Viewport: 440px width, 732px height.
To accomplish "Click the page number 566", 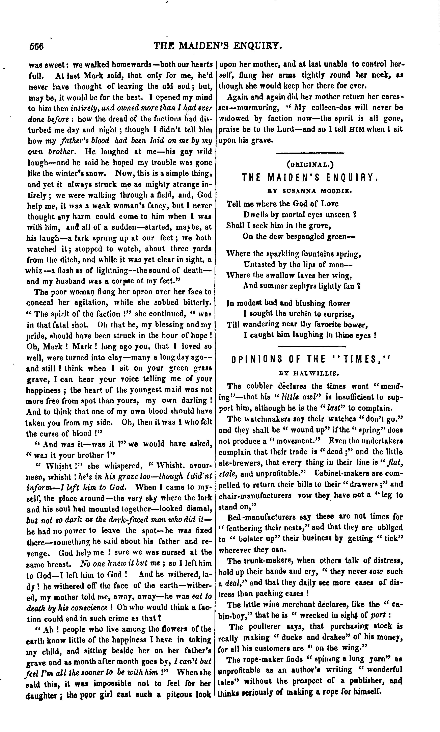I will (x=36, y=47).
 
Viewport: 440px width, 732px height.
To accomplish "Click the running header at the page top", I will (x=218, y=46).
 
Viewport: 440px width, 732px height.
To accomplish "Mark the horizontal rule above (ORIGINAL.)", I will (x=310, y=153).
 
